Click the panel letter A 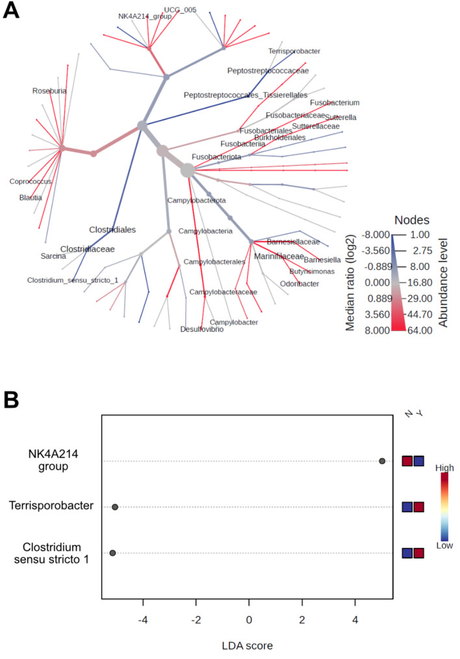pos(11,10)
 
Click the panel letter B pos(11,400)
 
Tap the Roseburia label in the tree pos(49,91)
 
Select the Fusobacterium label pos(335,103)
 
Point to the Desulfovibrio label pos(202,329)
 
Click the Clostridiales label pos(112,230)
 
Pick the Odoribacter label pos(300,284)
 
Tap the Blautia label pos(31,197)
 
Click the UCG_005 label pos(180,10)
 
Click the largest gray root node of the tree pos(188,171)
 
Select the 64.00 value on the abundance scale pos(420,330)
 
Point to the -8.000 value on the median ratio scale pos(376,234)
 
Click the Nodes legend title pos(412,220)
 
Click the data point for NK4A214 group pos(382,461)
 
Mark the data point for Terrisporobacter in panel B pos(115,507)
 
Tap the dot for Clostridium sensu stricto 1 pos(112,553)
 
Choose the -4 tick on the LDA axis pos(143,619)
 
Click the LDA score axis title pos(248,645)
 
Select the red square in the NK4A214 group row pos(407,461)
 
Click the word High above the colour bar pos(444,467)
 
